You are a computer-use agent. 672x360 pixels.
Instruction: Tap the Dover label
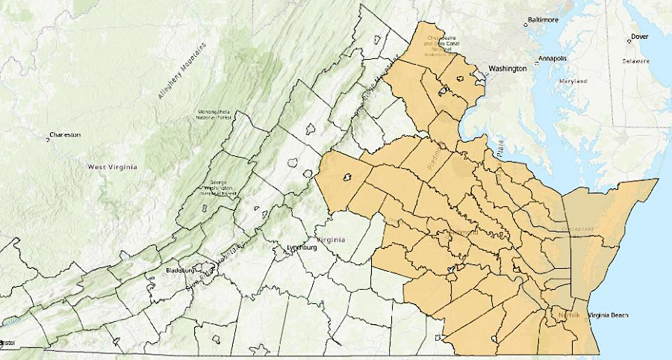click(x=638, y=36)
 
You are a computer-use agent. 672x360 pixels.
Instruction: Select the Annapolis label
click(x=554, y=58)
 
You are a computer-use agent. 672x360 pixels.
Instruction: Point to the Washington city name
click(x=507, y=69)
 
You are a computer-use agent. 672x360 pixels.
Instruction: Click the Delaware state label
click(x=639, y=62)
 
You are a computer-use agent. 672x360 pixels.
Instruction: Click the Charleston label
click(x=65, y=135)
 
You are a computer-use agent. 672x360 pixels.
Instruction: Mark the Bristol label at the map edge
click(x=8, y=342)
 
